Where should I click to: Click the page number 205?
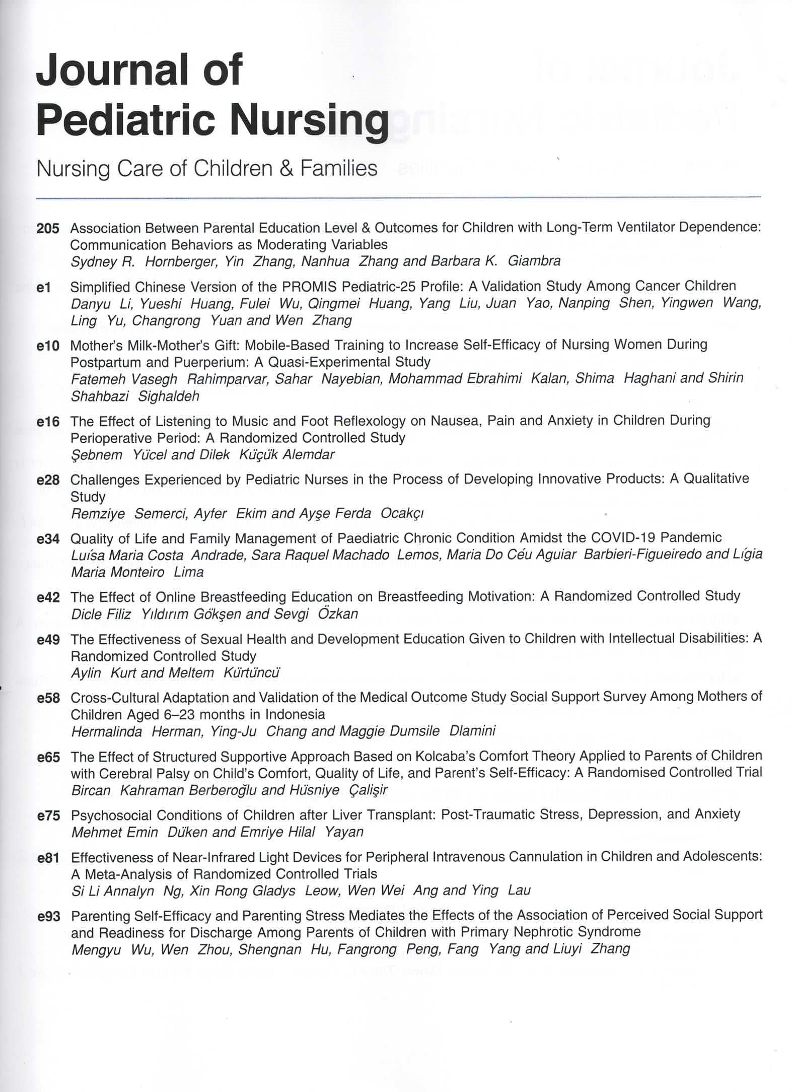tap(48, 229)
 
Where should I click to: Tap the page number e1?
tap(44, 287)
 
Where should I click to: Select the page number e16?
tap(48, 421)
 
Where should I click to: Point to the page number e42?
tap(48, 597)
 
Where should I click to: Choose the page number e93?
tap(49, 917)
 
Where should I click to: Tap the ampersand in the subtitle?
tap(286, 169)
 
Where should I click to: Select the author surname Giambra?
tap(534, 261)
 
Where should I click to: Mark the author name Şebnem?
tap(97, 455)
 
